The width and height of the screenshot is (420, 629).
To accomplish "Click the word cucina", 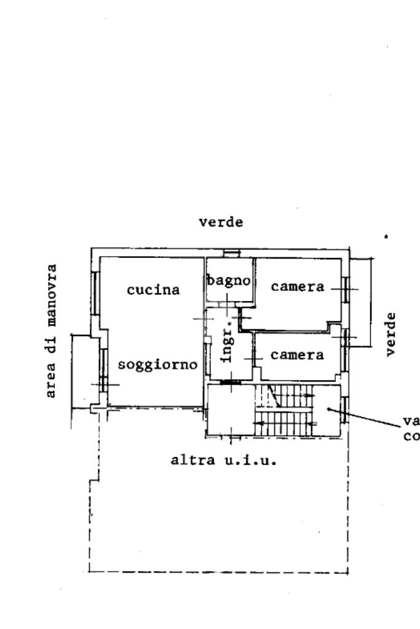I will click(153, 290).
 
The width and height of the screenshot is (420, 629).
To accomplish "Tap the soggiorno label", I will click(157, 364).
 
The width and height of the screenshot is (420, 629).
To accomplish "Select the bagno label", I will click(229, 281).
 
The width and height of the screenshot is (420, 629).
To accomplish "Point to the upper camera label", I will click(298, 287).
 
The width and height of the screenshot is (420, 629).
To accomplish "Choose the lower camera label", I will click(298, 355).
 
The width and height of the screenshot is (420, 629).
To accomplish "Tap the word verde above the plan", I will click(221, 222).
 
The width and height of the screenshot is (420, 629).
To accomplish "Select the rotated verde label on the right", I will click(391, 334).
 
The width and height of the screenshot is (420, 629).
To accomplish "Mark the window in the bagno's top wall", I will click(231, 253).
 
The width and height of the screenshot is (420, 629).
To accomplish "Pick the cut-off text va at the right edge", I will click(411, 422).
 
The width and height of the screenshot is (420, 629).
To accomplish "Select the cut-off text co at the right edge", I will click(411, 437).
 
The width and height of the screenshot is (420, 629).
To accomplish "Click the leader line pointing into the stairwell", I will click(369, 418).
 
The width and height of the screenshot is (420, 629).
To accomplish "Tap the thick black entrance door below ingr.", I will click(230, 383).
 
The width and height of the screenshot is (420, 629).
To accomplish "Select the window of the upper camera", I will click(346, 288).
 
